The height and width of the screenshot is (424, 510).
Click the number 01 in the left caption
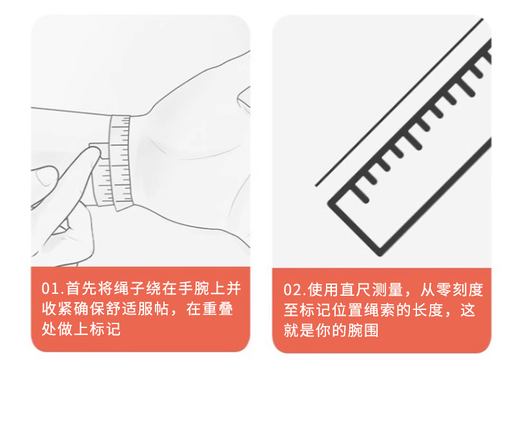click(50, 289)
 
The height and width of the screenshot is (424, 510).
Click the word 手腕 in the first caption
click(194, 288)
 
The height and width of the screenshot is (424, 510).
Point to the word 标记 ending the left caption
click(105, 329)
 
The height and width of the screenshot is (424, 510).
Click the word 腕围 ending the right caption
click(363, 330)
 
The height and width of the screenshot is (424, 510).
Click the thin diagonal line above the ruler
click(399, 102)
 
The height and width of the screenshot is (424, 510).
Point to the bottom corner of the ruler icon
click(379, 253)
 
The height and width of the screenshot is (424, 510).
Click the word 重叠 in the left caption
click(218, 309)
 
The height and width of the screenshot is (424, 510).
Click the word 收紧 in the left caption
click(57, 309)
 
